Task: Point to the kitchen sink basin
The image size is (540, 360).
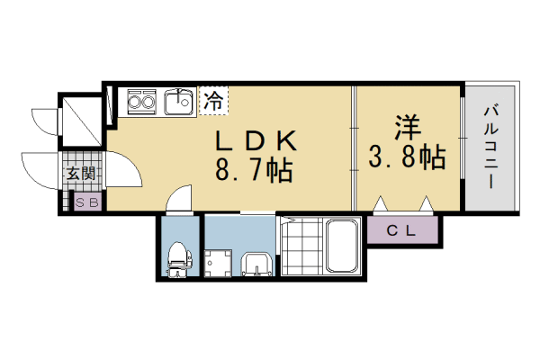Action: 179,102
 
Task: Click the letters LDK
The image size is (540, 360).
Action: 254,140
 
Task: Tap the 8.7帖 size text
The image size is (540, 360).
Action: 254,169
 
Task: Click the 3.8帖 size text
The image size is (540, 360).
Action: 407,158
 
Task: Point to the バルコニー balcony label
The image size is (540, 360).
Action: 491,147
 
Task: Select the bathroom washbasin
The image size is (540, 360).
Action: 256,264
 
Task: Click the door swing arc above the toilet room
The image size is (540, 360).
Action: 180,196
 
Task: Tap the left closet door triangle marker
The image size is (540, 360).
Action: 382,203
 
